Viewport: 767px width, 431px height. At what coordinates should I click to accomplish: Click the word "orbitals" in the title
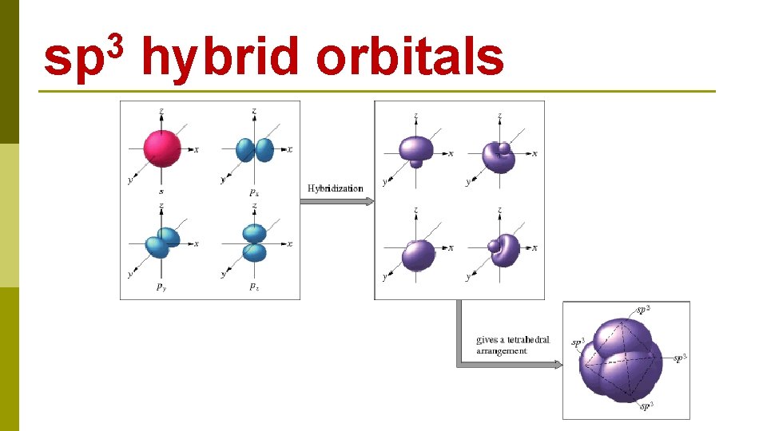point(410,57)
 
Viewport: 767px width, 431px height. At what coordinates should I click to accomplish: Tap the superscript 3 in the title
point(118,44)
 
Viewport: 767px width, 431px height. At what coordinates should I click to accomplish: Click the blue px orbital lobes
point(255,150)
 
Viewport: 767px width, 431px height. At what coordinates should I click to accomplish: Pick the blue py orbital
point(162,241)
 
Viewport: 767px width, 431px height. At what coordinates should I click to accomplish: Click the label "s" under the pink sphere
point(162,192)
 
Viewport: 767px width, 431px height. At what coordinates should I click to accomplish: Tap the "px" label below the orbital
point(254,192)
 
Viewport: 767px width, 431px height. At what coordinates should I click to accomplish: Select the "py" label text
point(161,287)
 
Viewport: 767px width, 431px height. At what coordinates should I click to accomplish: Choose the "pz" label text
point(253,287)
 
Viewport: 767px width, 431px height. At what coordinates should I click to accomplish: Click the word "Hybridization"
point(336,188)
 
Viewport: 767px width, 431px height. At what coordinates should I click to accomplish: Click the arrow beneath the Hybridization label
point(336,201)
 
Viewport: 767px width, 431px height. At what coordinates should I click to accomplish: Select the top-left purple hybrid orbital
point(416,152)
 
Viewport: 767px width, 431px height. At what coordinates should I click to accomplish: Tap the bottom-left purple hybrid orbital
point(417,254)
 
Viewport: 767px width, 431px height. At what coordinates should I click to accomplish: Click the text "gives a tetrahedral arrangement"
point(513,345)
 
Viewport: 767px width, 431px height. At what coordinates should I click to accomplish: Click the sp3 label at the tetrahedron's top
point(642,308)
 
